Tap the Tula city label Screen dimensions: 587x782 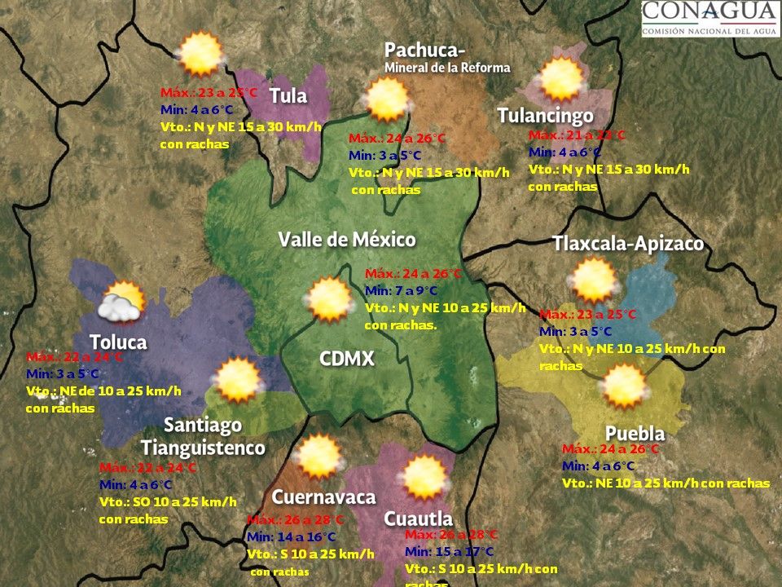pyautogui.click(x=288, y=95)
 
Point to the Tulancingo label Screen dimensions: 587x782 pyautogui.click(x=545, y=116)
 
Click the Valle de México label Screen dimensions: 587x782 pyautogui.click(x=347, y=240)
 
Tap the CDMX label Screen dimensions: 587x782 pyautogui.click(x=346, y=359)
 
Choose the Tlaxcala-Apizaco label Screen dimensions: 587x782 pyautogui.click(x=627, y=244)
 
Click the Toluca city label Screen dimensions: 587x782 pyautogui.click(x=118, y=342)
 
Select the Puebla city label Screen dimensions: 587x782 pyautogui.click(x=635, y=433)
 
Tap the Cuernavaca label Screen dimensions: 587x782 pyautogui.click(x=323, y=497)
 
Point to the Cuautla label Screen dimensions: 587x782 pyautogui.click(x=418, y=519)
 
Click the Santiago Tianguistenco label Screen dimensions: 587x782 pyautogui.click(x=203, y=436)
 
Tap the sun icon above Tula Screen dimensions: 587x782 pyautogui.click(x=200, y=54)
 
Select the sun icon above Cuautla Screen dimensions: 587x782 pyautogui.click(x=424, y=478)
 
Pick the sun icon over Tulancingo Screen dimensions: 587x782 pyautogui.click(x=562, y=79)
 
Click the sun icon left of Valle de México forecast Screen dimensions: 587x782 pyautogui.click(x=329, y=299)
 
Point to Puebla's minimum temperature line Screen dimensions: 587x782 pyautogui.click(x=598, y=466)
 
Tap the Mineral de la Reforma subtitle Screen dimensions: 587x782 pyautogui.click(x=447, y=68)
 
